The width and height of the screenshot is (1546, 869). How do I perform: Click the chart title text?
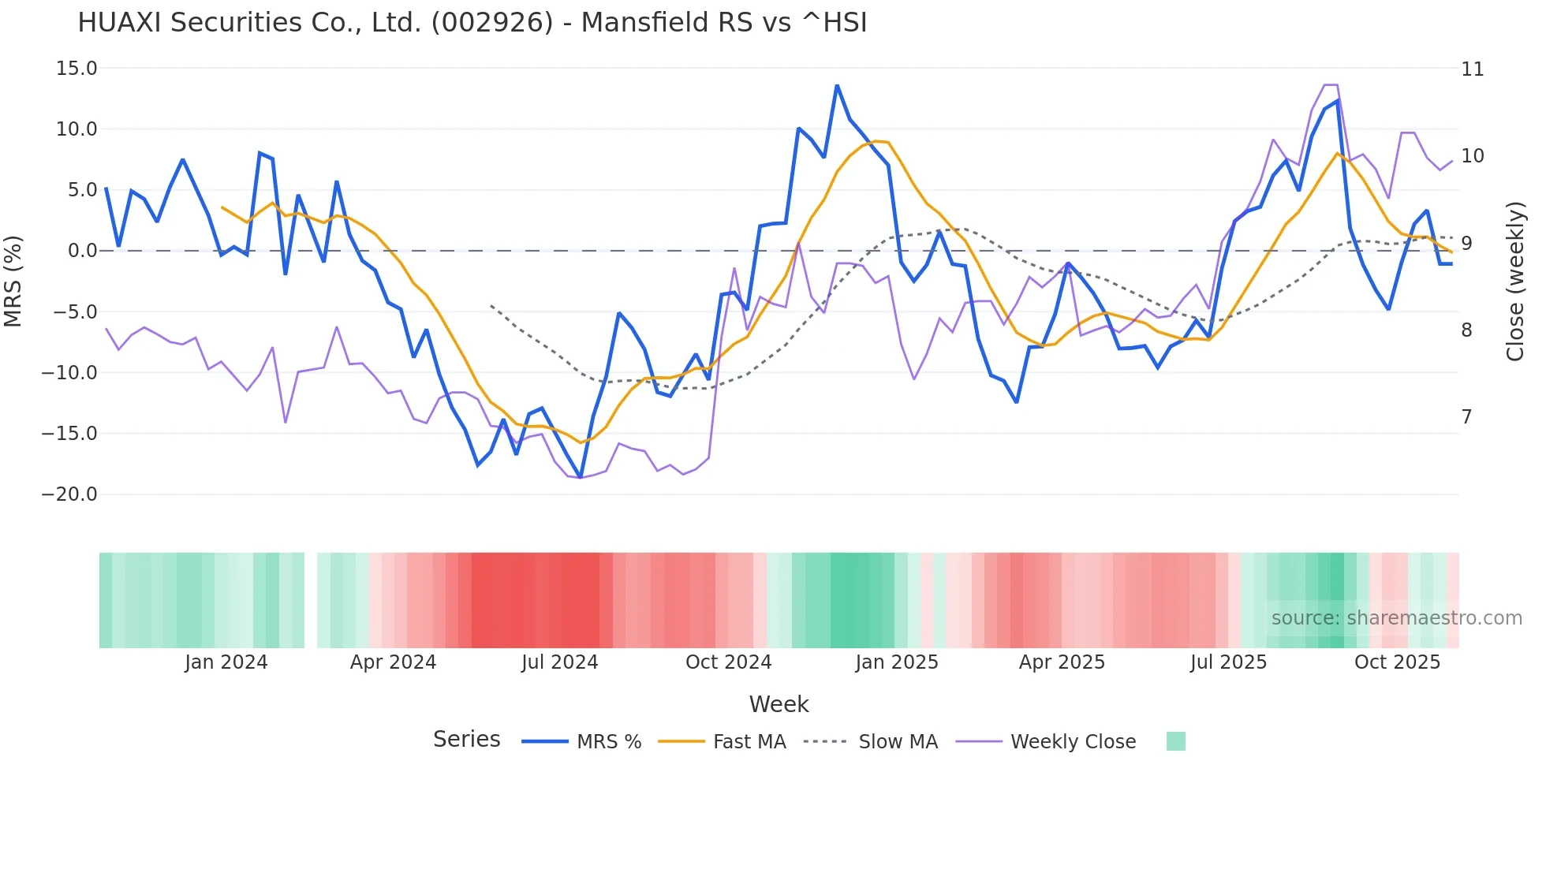coord(472,23)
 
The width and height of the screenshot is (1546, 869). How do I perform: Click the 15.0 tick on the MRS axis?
coord(77,69)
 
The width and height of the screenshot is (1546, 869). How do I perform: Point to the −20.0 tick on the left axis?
coord(69,494)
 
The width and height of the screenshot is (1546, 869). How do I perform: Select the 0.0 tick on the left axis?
coord(82,251)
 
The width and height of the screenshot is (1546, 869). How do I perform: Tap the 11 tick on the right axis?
coord(1472,69)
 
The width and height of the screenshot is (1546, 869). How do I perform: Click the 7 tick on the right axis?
coord(1466,416)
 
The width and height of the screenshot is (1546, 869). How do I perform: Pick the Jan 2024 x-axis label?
coord(226,662)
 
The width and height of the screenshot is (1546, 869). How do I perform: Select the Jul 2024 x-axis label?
coord(559,662)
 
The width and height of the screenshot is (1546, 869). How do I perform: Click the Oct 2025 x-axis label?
coord(1397,662)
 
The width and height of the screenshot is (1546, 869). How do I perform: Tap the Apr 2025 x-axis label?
coord(1062,662)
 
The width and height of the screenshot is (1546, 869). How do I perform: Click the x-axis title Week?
coord(779,704)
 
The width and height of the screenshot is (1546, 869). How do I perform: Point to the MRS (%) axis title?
coord(13,281)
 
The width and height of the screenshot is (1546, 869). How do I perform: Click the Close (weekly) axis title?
coord(1515,282)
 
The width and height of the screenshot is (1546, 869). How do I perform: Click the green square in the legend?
coord(1175,741)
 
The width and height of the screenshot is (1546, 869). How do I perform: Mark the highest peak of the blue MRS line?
coord(837,85)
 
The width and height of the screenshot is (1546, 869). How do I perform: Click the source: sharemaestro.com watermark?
coord(1396,618)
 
